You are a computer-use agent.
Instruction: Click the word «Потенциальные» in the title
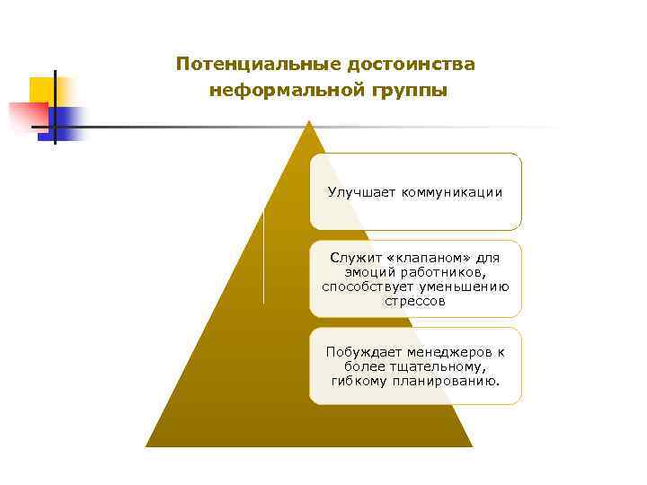click(246, 66)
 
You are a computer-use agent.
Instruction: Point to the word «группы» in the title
click(402, 91)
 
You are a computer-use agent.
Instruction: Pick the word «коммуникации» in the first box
click(452, 192)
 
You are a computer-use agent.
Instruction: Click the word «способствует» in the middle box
click(363, 287)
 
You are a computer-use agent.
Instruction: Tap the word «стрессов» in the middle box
click(415, 302)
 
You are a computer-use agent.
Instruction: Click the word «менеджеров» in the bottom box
click(450, 352)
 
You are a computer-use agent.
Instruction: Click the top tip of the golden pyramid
click(309, 122)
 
